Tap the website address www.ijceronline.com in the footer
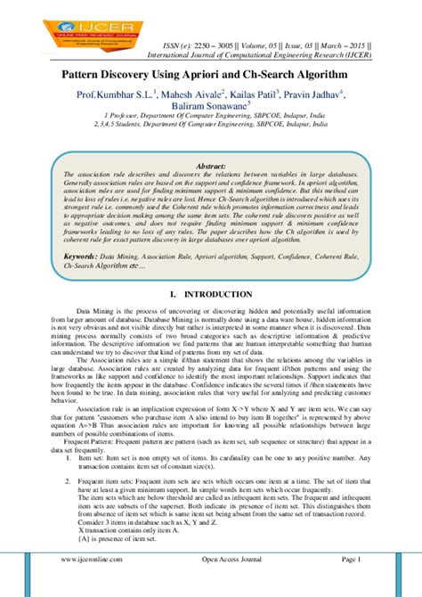pos(93,584)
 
